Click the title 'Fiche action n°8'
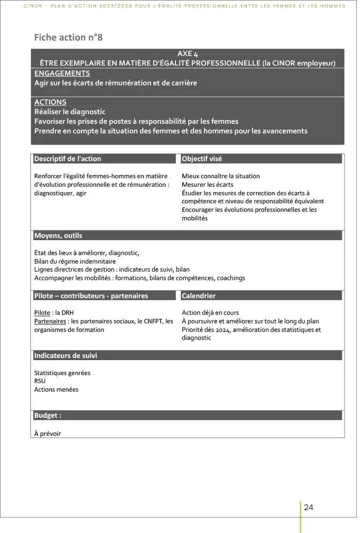pos(68,37)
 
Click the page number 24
pos(308,507)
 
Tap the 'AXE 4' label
pos(187,54)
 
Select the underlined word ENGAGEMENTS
pos(62,73)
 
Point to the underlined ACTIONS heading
pos(50,102)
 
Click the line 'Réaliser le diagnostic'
pos(70,112)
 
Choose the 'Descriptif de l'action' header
pos(68,158)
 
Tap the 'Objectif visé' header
pos(202,158)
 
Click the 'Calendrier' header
pos(198,296)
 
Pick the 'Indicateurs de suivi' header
pos(66,355)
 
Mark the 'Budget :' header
pos(47,415)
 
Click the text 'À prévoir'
pos(47,433)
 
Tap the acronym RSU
pos(40,381)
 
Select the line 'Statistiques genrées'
pos(62,372)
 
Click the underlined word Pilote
pos(42,313)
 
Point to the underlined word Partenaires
pos(50,321)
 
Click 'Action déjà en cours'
pos(210,313)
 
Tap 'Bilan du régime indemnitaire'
pos(75,261)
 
